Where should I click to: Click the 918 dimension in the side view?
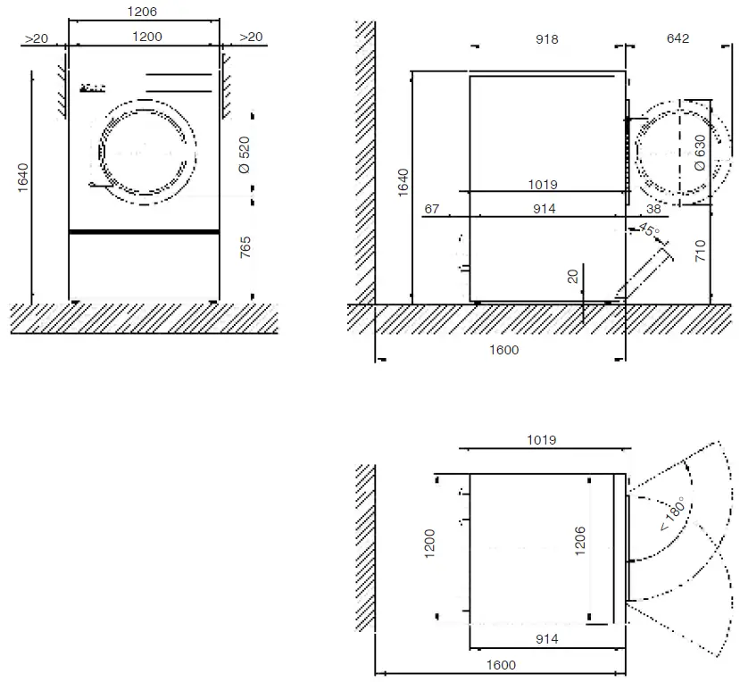[x=546, y=39]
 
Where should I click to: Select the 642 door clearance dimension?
[x=678, y=39]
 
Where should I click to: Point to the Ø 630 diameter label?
[x=700, y=153]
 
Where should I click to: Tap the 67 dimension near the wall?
[x=432, y=209]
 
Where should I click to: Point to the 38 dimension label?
[x=653, y=209]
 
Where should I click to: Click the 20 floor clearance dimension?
[x=572, y=277]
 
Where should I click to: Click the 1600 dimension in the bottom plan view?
[x=502, y=664]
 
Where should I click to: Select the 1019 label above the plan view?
[x=542, y=440]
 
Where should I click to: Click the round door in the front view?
[x=146, y=151]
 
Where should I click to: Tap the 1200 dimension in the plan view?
[x=429, y=545]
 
